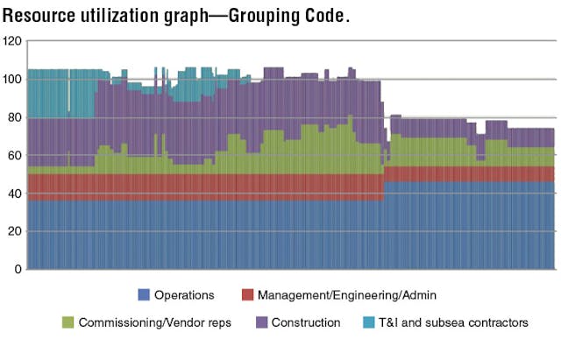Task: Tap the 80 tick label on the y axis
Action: click(14, 117)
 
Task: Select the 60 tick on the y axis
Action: click(14, 155)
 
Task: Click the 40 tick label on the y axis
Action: click(14, 194)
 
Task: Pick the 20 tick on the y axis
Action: click(14, 231)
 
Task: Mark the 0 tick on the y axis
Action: click(17, 269)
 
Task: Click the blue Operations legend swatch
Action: click(144, 294)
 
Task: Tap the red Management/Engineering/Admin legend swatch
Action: click(248, 294)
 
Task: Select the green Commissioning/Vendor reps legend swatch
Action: click(67, 322)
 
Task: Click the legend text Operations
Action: click(184, 294)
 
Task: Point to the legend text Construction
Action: click(306, 322)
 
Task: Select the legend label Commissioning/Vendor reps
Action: click(155, 322)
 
